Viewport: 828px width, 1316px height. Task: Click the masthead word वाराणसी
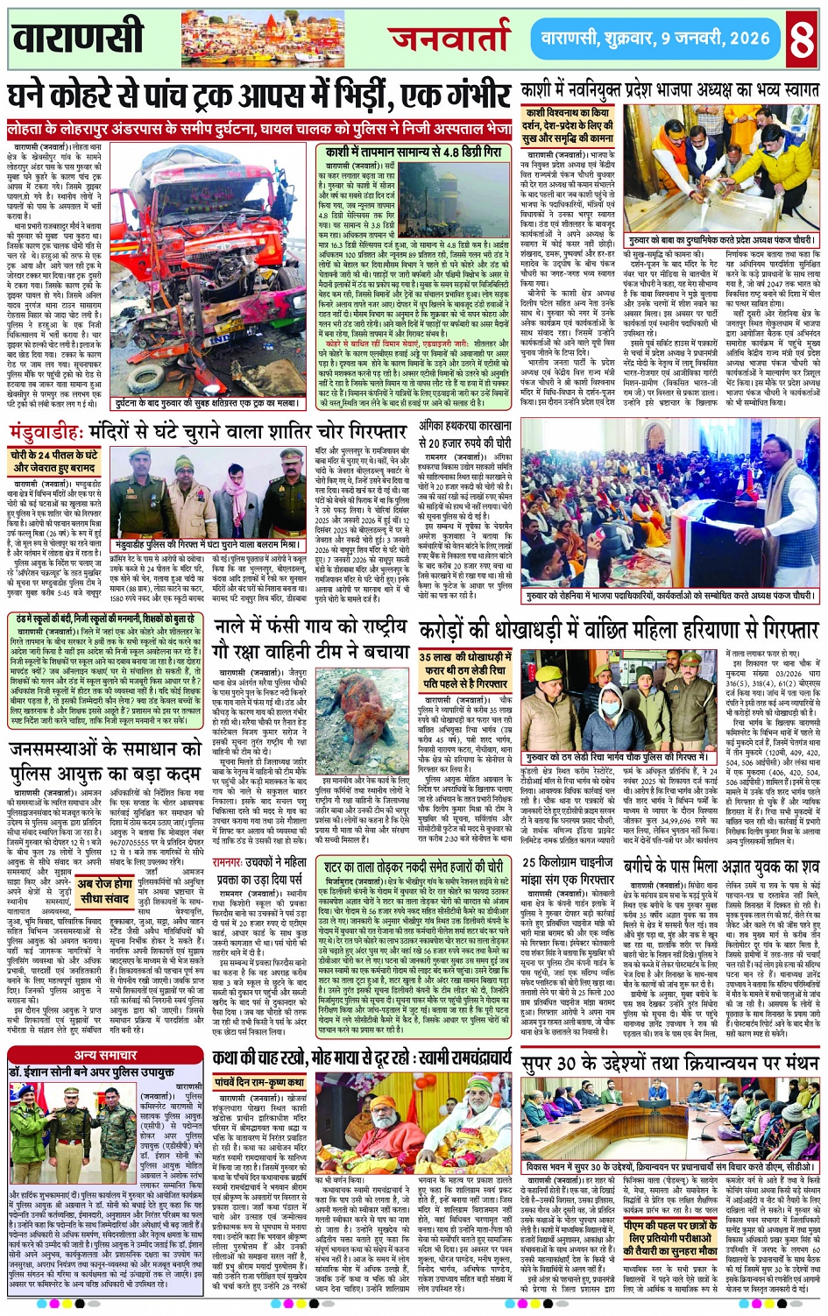coord(79,38)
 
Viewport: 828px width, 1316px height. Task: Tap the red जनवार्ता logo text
coord(449,38)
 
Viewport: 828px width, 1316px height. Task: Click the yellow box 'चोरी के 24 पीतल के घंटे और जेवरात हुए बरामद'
coord(54,462)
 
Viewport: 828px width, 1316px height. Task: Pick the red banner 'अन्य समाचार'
coord(105,1055)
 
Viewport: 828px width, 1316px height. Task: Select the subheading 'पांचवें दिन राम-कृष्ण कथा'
coord(260,1083)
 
